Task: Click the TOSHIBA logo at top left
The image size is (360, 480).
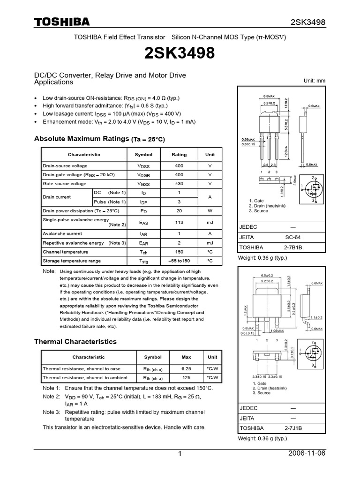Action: tap(61, 22)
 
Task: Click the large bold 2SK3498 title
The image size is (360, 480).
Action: tap(180, 54)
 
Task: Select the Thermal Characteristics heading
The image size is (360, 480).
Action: tap(75, 342)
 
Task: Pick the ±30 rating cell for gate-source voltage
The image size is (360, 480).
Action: tap(179, 184)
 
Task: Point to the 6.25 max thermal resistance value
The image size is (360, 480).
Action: tap(186, 368)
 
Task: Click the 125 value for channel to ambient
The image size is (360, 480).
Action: tap(186, 377)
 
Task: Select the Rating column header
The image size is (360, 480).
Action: tap(179, 155)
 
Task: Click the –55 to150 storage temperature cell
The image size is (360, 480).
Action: tap(179, 261)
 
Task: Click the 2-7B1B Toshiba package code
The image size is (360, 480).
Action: tap(293, 247)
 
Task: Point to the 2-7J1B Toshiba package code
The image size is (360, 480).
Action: tap(293, 428)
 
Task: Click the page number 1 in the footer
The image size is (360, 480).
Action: tap(180, 454)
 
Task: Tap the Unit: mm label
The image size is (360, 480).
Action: tap(315, 81)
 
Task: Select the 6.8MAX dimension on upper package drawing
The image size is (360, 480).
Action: tap(269, 97)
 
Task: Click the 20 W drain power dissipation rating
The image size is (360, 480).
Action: tap(179, 211)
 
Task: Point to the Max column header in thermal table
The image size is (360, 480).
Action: tap(186, 357)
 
